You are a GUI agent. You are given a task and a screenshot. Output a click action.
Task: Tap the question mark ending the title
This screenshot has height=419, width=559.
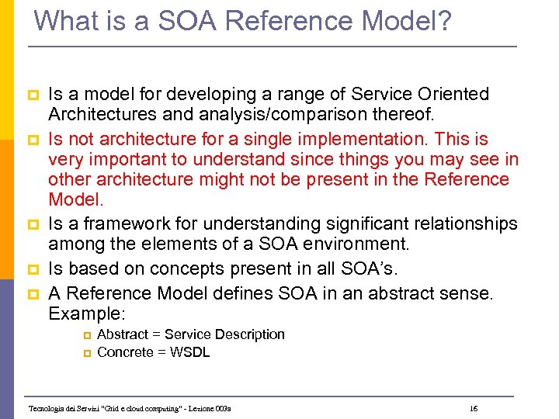(443, 20)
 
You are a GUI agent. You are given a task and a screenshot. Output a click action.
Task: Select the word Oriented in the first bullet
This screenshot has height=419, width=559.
(457, 95)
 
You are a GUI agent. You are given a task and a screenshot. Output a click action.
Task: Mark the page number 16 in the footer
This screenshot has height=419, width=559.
(474, 408)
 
